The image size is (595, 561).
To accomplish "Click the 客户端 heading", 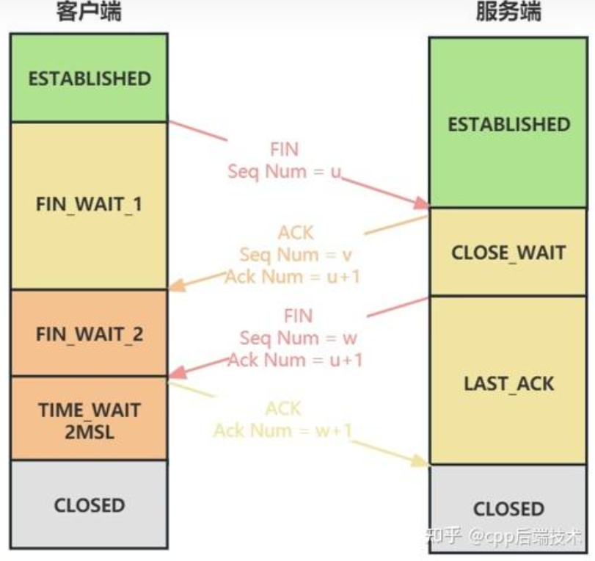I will (x=89, y=12).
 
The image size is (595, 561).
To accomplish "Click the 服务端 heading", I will (x=508, y=12).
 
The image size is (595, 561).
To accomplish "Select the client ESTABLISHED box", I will (x=90, y=79).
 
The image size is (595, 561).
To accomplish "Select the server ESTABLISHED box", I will (x=509, y=123).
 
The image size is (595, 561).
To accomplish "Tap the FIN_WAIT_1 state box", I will (x=90, y=204).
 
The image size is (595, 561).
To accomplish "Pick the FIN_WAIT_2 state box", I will (x=90, y=334).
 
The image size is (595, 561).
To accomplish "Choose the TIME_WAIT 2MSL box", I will (x=90, y=419).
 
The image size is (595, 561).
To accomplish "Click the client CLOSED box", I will (x=90, y=505).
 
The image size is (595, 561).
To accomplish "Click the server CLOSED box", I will (x=509, y=508).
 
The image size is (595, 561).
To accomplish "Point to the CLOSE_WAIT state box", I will (x=509, y=253).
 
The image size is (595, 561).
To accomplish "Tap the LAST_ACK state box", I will (x=509, y=383).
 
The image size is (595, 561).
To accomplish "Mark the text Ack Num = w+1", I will (x=282, y=429).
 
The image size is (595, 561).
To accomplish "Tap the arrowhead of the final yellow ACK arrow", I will (x=422, y=462).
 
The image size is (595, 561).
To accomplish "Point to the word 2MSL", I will (x=90, y=430).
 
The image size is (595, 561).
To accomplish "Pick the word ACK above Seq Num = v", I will (x=296, y=233).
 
